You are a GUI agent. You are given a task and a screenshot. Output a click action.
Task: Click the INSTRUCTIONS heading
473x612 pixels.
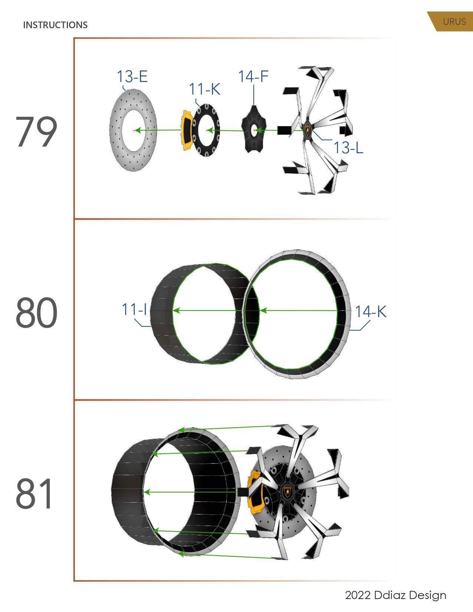point(55,25)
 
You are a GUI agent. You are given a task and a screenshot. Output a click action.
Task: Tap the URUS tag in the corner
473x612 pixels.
point(454,22)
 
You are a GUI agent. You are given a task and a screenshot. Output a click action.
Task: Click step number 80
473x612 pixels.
point(36,313)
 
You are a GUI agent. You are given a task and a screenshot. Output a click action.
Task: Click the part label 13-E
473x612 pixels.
point(132,76)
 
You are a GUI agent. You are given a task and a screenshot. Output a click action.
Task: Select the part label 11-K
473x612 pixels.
point(204,89)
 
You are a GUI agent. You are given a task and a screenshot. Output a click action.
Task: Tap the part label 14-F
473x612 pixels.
point(253,76)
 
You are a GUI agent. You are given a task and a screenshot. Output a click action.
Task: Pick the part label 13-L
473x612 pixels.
point(348,148)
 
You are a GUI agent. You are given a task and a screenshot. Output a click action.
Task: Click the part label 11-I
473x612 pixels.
point(134,309)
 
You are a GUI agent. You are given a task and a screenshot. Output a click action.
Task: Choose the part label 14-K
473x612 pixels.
point(371,312)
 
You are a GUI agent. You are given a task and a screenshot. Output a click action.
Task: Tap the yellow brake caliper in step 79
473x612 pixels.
point(186,130)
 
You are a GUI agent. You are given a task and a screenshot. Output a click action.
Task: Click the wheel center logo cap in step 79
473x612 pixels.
point(308,130)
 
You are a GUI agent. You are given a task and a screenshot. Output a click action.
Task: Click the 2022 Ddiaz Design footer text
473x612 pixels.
point(395,595)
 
